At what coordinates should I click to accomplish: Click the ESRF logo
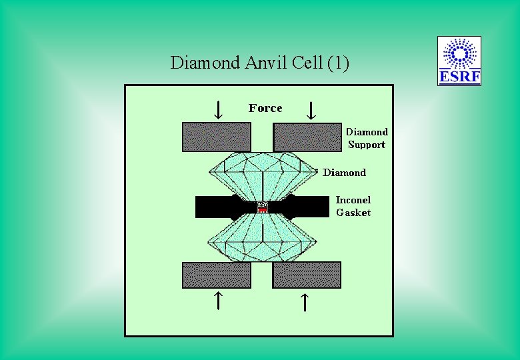pyautogui.click(x=459, y=61)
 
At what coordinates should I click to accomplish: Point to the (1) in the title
pyautogui.click(x=337, y=63)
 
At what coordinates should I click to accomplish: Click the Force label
pyautogui.click(x=265, y=108)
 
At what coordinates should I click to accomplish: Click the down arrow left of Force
pyautogui.click(x=217, y=109)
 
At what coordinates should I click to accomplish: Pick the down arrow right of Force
pyautogui.click(x=310, y=109)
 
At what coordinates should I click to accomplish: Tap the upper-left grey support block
pyautogui.click(x=217, y=137)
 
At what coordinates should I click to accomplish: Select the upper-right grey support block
pyautogui.click(x=307, y=137)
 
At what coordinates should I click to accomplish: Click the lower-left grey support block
pyautogui.click(x=217, y=275)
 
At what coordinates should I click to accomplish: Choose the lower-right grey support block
pyautogui.click(x=307, y=275)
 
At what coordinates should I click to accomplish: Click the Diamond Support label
pyautogui.click(x=367, y=138)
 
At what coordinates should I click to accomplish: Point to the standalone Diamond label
pyautogui.click(x=344, y=173)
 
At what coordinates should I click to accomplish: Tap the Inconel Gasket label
pyautogui.click(x=353, y=206)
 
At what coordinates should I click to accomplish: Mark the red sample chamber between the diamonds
pyautogui.click(x=263, y=208)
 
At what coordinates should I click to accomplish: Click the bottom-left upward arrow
pyautogui.click(x=217, y=301)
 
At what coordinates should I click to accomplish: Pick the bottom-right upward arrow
pyautogui.click(x=303, y=301)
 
